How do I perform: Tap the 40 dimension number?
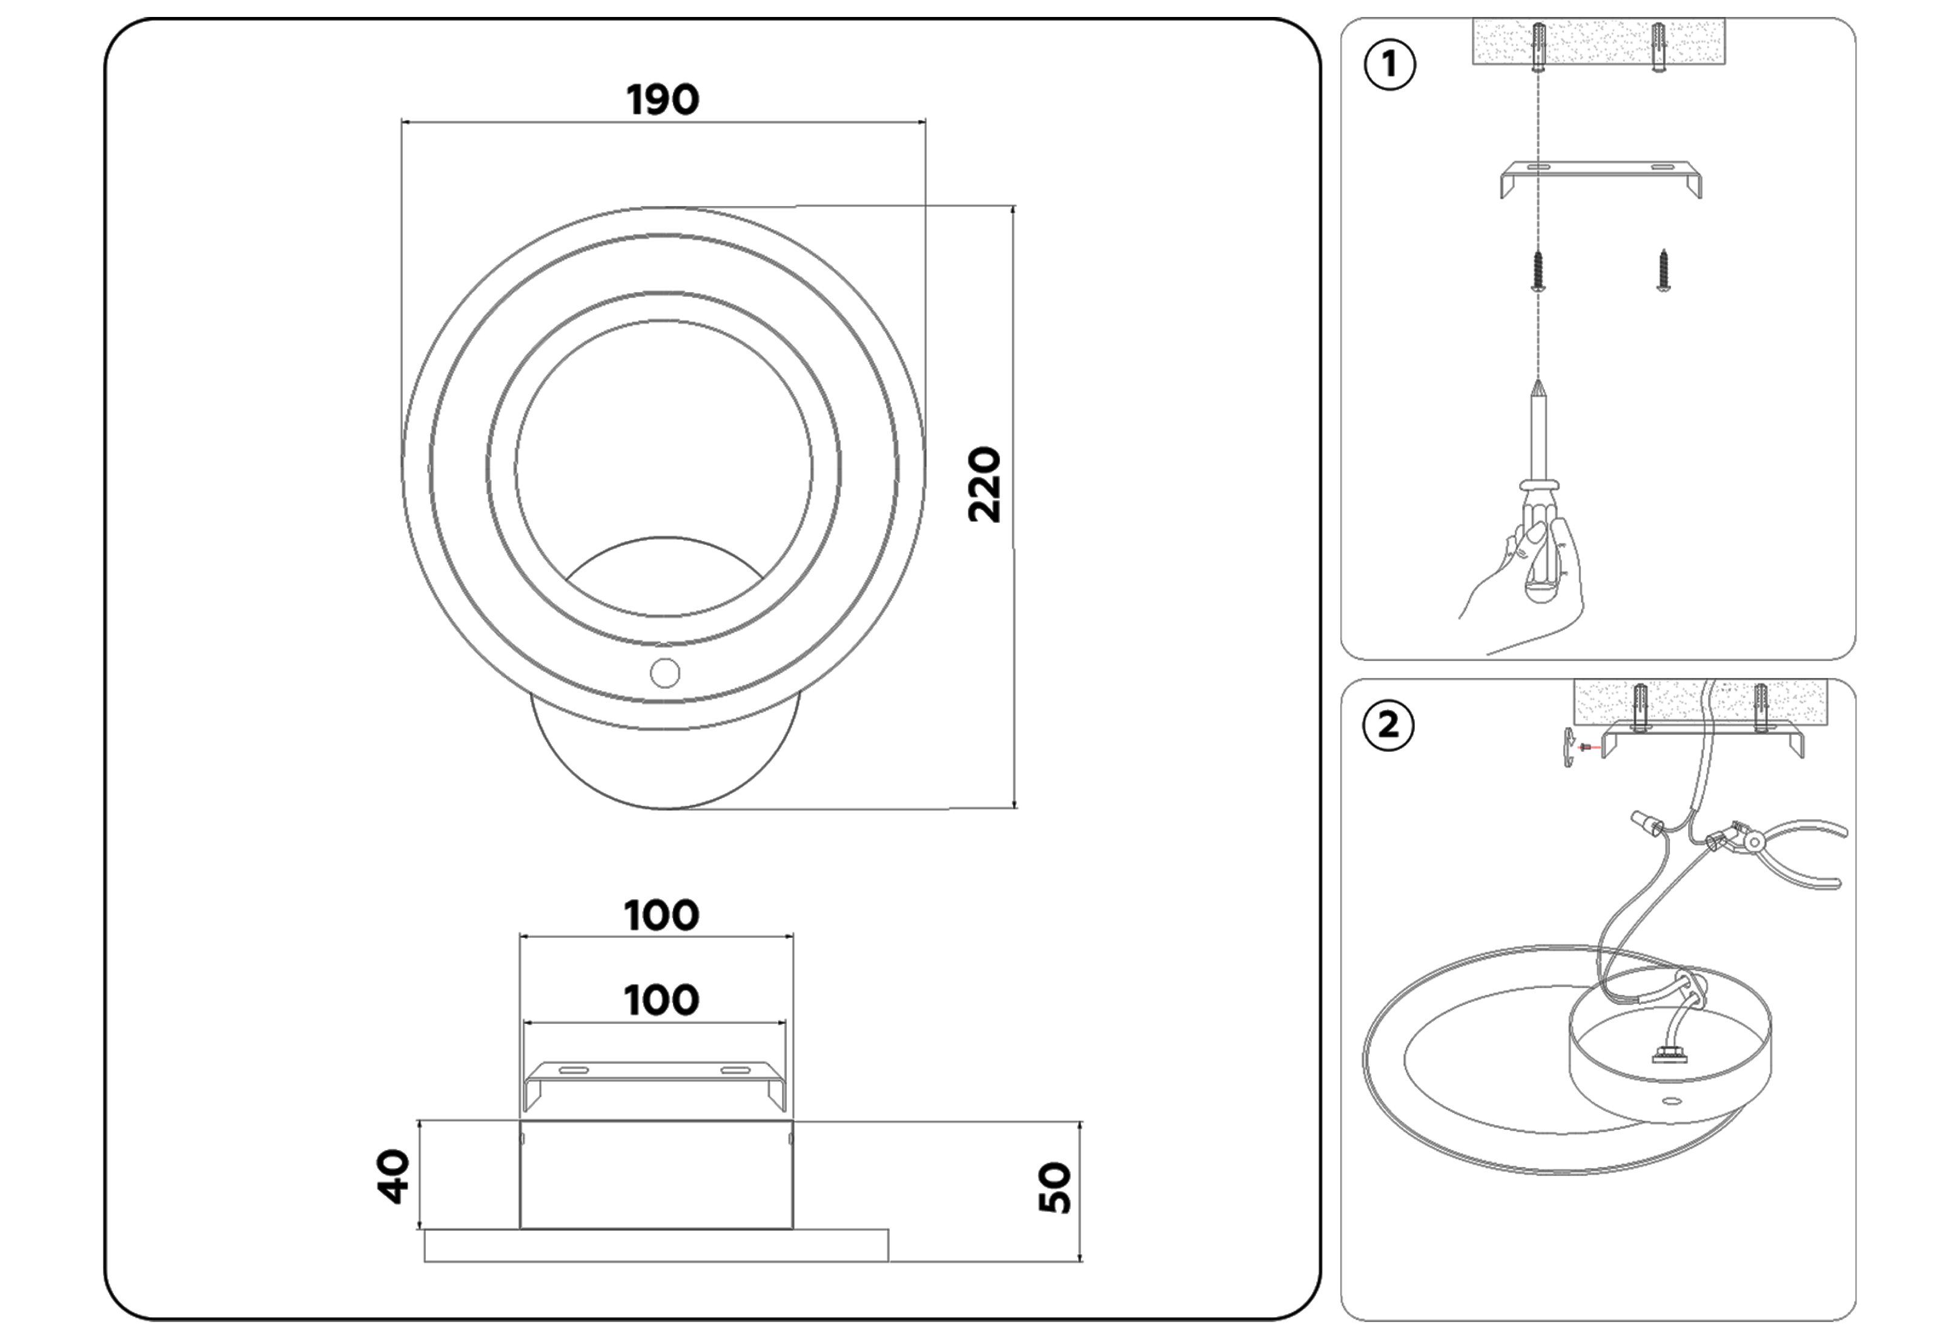click(393, 1176)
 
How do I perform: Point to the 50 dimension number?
click(1055, 1188)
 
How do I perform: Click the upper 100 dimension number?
click(661, 916)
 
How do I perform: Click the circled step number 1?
click(1389, 65)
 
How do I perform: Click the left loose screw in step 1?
click(1539, 271)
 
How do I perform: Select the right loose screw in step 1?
click(1663, 271)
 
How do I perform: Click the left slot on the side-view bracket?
click(574, 1071)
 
